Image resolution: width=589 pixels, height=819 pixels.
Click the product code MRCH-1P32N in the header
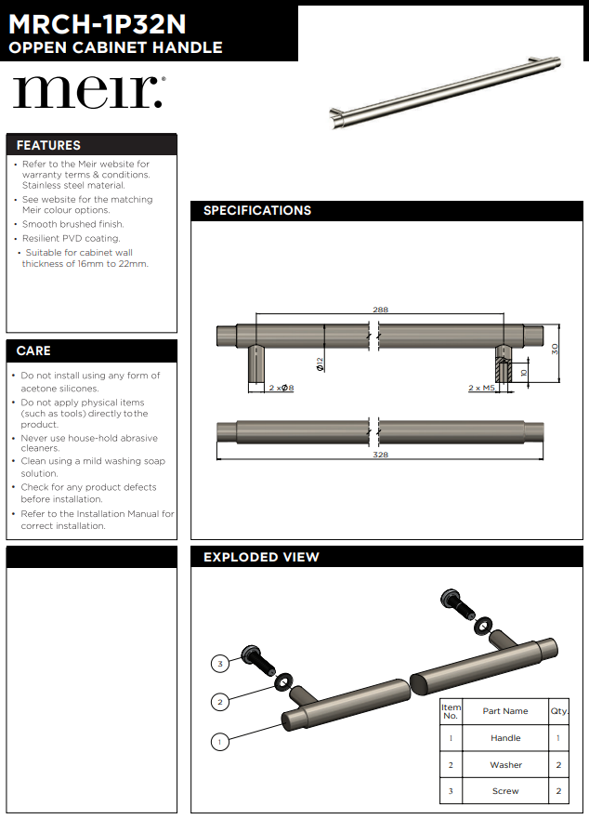click(98, 20)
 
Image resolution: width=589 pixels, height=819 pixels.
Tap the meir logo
click(89, 92)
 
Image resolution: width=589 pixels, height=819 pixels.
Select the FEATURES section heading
click(48, 145)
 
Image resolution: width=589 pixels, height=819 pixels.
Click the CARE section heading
click(33, 350)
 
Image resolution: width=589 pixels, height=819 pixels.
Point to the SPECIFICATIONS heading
click(257, 210)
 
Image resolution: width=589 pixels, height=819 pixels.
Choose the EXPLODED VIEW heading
click(261, 557)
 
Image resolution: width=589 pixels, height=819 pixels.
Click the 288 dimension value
click(380, 310)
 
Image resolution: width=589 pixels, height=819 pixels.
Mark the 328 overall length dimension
click(380, 455)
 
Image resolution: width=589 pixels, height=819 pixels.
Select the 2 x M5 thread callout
click(480, 388)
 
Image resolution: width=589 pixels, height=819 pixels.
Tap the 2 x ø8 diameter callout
click(281, 388)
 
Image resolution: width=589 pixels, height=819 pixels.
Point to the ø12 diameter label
click(319, 363)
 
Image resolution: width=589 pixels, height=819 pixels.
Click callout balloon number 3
click(219, 664)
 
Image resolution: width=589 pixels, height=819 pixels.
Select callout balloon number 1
click(219, 742)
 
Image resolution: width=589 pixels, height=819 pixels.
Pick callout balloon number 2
click(219, 702)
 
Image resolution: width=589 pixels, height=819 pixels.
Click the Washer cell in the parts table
click(505, 765)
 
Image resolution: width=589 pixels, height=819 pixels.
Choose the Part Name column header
click(505, 711)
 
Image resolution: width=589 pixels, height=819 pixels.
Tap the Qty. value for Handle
click(558, 738)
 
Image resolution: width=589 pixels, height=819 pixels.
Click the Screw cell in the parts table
click(505, 791)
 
